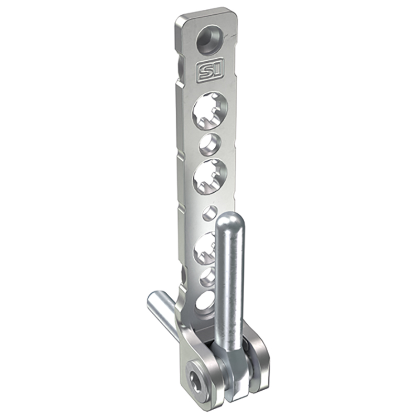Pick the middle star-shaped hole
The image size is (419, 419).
(210, 177)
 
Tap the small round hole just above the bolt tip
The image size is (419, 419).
(209, 213)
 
